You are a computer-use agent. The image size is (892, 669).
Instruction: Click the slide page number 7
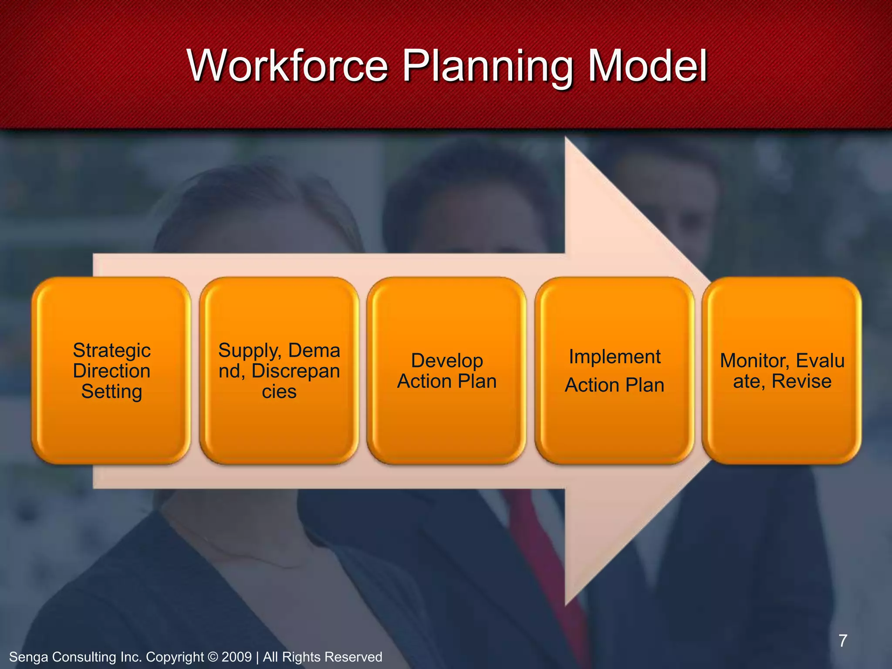[x=843, y=641]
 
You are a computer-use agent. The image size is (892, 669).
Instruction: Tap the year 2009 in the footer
[x=237, y=657]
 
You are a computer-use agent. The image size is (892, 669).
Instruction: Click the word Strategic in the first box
[x=111, y=351]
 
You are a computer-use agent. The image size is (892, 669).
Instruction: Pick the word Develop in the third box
[x=447, y=361]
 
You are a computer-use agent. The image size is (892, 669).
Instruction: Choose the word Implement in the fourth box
[x=615, y=357]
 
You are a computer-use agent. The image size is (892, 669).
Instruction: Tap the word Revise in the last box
[x=801, y=381]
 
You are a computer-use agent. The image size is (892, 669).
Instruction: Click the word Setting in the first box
[x=111, y=392]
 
